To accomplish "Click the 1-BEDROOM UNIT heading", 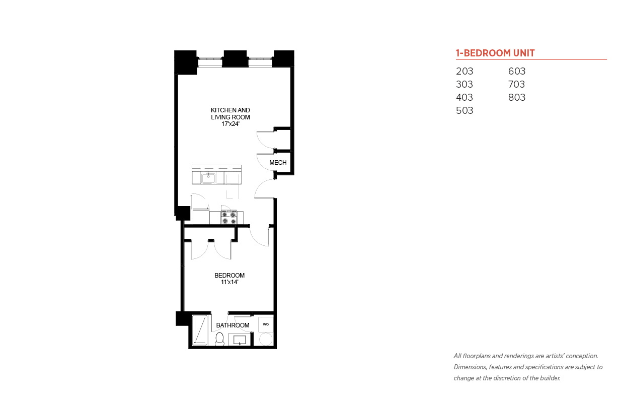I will pos(495,53).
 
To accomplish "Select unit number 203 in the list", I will pos(465,71).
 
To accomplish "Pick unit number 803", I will pos(517,97).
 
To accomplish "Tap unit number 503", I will pos(465,110).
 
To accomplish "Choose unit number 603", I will pos(517,71).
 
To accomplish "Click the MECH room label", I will pos(278,163).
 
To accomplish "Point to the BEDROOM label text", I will pos(229,276).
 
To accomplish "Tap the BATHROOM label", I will pos(233,325).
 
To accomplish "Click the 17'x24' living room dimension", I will pos(230,124).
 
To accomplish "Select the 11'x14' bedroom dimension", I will pos(229,283).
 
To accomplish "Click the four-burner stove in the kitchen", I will pos(228,217).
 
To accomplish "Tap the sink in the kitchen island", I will pos(208,177).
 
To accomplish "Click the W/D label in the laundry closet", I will pos(265,324).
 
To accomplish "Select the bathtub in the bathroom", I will pos(200,330).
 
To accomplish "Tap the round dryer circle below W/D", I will pos(265,339).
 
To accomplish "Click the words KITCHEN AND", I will pos(230,110).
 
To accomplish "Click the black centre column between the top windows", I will pos(235,59).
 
